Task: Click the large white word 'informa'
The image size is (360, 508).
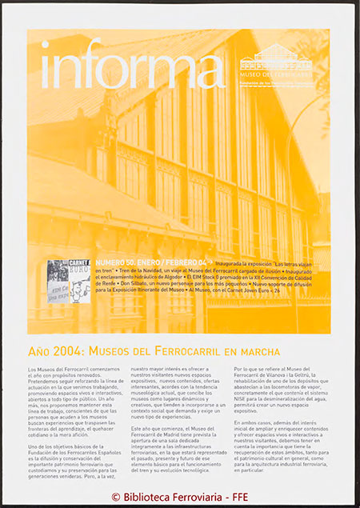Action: [x=131, y=65]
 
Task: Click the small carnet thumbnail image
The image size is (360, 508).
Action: [x=68, y=281]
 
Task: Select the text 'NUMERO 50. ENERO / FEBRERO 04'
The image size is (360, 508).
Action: [x=142, y=262]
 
